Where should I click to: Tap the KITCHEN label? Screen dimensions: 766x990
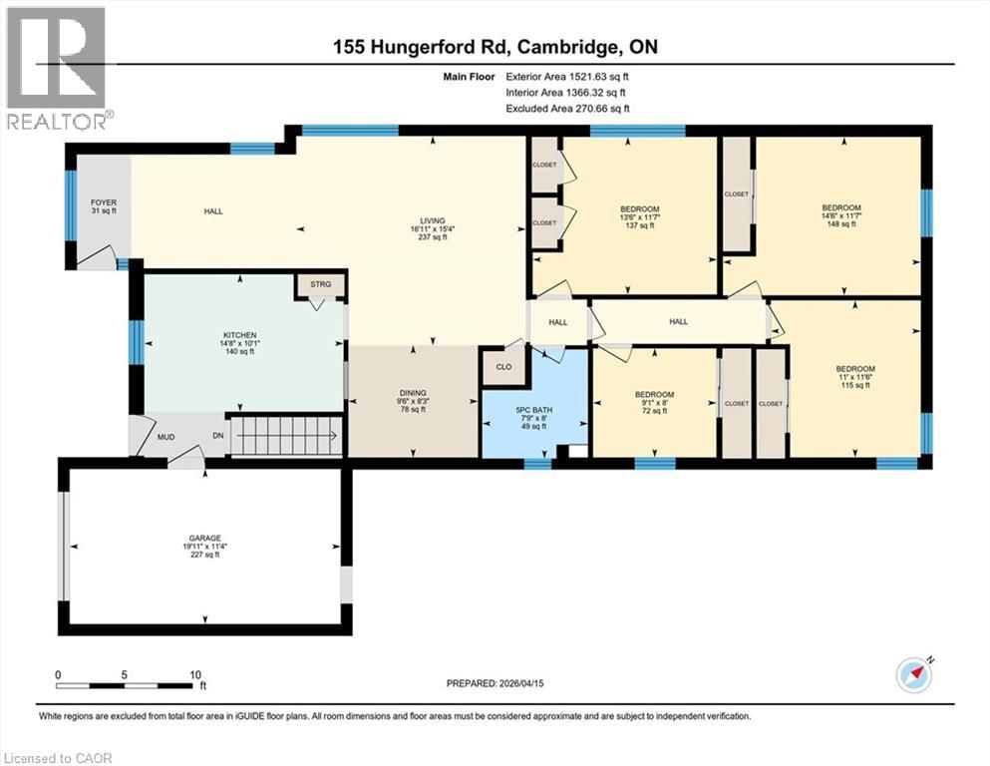pyautogui.click(x=240, y=335)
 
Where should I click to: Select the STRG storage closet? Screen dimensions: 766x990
pyautogui.click(x=320, y=283)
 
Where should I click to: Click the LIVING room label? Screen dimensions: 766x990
pyautogui.click(x=433, y=221)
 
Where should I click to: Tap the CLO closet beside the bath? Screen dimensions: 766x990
pyautogui.click(x=503, y=366)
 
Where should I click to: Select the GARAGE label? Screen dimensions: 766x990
pyautogui.click(x=205, y=539)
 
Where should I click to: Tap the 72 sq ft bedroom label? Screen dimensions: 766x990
pyautogui.click(x=654, y=394)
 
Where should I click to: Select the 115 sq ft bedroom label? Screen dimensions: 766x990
pyautogui.click(x=855, y=370)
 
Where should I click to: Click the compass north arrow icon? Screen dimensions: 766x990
pyautogui.click(x=914, y=674)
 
